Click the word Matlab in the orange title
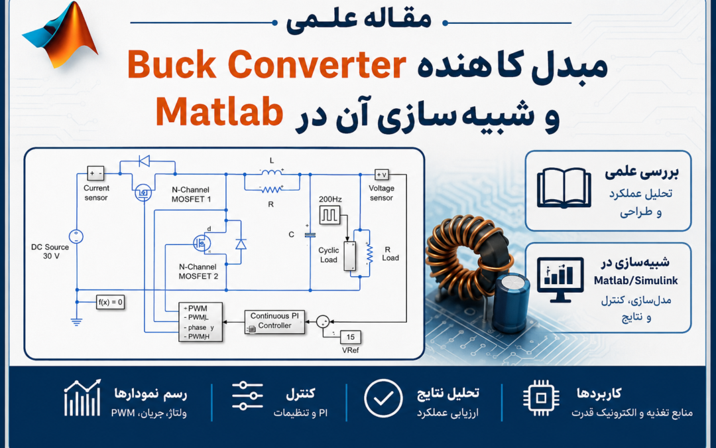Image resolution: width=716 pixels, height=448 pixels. tap(219, 112)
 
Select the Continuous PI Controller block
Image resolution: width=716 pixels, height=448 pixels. tap(274, 322)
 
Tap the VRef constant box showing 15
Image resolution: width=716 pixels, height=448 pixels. tap(350, 337)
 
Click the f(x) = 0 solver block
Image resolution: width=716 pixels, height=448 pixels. tap(111, 302)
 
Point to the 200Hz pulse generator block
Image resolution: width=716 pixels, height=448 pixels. tap(329, 215)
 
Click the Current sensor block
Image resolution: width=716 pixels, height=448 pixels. tap(96, 173)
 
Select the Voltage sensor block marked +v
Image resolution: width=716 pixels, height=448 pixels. tap(382, 174)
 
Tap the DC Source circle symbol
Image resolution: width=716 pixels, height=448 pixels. tap(76, 237)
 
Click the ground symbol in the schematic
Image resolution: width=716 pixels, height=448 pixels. tap(76, 321)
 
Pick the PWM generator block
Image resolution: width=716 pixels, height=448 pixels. tap(200, 322)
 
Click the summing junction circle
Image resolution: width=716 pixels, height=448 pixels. tap(323, 321)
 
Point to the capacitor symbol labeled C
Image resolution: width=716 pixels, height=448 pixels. tap(310, 234)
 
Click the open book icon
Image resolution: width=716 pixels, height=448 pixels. tap(564, 188)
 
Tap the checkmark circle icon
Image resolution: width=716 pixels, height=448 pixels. tap(383, 398)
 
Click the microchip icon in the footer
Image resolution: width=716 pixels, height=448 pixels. tap(541, 398)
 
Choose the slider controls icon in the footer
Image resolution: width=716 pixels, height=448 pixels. tap(247, 396)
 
